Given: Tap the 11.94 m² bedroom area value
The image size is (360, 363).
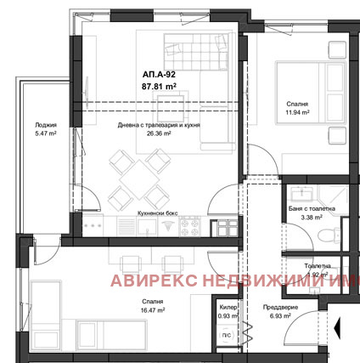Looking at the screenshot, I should [x=297, y=111].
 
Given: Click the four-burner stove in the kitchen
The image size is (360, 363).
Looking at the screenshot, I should [x=190, y=228].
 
